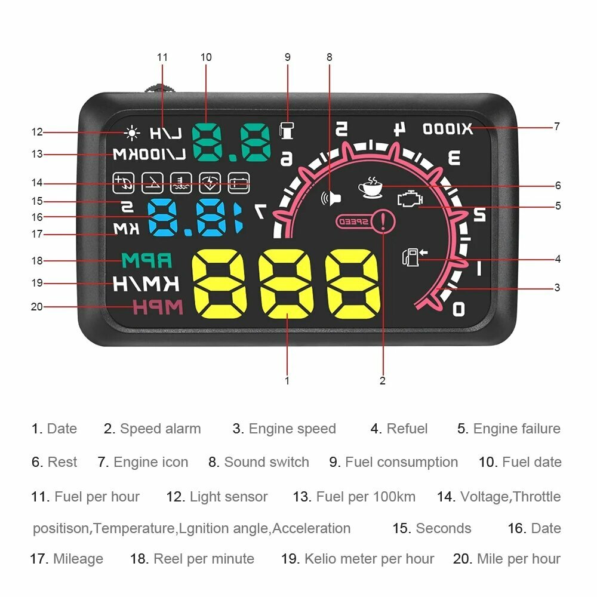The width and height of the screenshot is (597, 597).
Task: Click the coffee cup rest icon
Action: click(371, 187)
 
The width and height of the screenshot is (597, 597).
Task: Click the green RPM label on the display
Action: click(146, 261)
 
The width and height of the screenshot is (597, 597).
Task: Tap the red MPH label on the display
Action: click(157, 307)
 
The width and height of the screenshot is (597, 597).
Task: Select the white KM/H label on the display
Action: click(146, 284)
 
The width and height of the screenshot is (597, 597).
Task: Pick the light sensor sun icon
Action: click(131, 133)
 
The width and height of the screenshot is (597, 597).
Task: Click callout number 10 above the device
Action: click(206, 57)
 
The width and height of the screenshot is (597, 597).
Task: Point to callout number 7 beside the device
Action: click(556, 127)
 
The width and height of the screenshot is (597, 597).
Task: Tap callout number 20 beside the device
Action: click(37, 306)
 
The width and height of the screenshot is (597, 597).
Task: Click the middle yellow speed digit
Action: click(287, 284)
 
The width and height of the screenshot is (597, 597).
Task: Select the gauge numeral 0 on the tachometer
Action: click(458, 309)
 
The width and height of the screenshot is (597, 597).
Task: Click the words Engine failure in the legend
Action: click(516, 429)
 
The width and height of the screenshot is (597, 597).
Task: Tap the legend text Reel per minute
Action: click(204, 559)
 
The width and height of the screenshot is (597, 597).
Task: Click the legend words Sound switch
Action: click(266, 462)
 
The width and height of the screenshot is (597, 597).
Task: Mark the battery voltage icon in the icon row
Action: click(239, 182)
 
